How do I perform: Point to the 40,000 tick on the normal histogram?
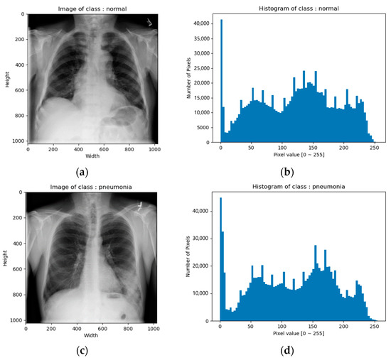tap(202, 24)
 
